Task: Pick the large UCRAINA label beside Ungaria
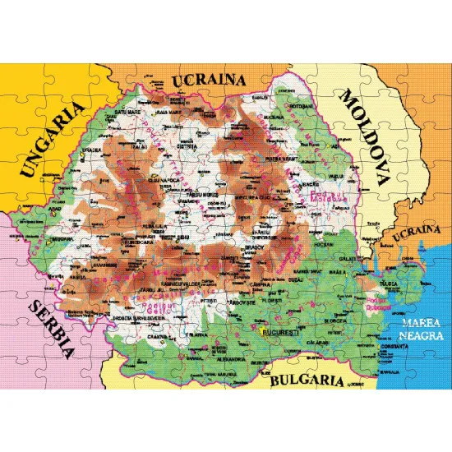click(209, 81)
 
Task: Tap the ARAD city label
click(55, 210)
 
